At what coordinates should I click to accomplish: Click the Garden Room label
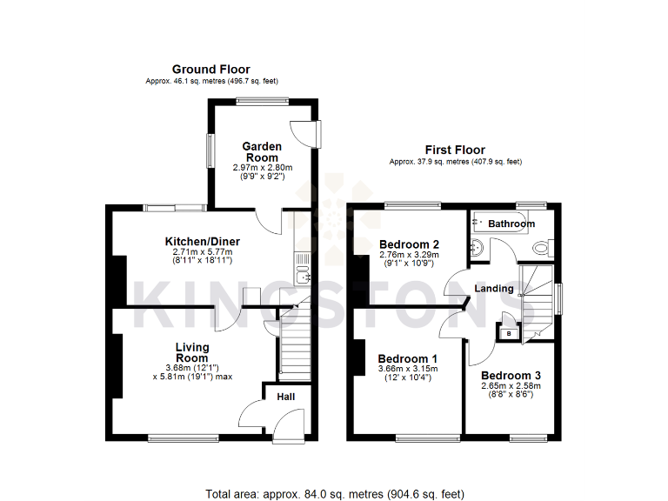262,152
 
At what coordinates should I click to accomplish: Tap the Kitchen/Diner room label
203,241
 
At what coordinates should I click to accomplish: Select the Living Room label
191,352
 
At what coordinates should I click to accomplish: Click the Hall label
285,397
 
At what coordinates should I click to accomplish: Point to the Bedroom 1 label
408,358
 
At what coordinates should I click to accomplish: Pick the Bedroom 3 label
511,376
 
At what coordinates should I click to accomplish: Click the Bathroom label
511,224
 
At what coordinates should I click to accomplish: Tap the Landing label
492,289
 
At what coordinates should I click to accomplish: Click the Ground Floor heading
210,70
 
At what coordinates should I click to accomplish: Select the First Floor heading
455,150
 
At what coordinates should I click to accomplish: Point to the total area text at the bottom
334,494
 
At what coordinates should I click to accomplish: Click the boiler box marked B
508,333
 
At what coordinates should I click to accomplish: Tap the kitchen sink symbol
302,277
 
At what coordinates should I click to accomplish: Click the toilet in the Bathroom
541,250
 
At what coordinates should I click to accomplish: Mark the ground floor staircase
293,344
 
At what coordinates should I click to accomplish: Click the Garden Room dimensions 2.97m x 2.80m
262,167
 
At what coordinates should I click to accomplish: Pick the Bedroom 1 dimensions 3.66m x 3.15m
408,369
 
